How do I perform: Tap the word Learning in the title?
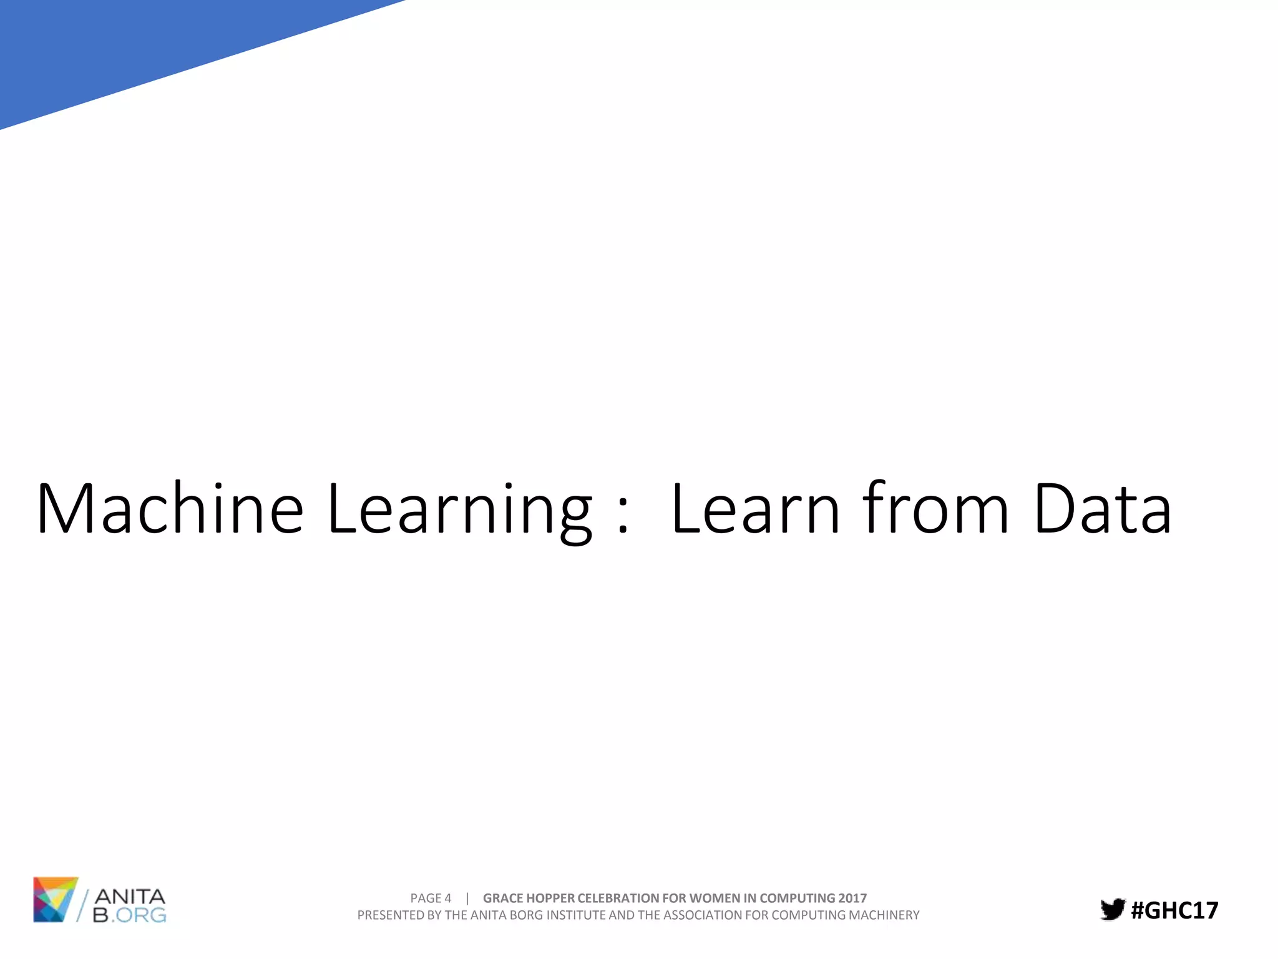(x=459, y=508)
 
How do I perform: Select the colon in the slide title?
(x=622, y=518)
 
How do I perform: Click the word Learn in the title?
(x=756, y=508)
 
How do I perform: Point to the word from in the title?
(x=935, y=508)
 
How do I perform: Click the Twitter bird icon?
(x=1113, y=909)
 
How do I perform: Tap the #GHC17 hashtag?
(x=1174, y=910)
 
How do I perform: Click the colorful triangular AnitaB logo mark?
(x=55, y=899)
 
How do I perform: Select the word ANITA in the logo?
(x=130, y=897)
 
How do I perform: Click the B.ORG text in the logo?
(x=130, y=915)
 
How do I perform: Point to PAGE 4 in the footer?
(x=431, y=898)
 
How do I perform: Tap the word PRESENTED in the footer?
(x=391, y=915)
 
